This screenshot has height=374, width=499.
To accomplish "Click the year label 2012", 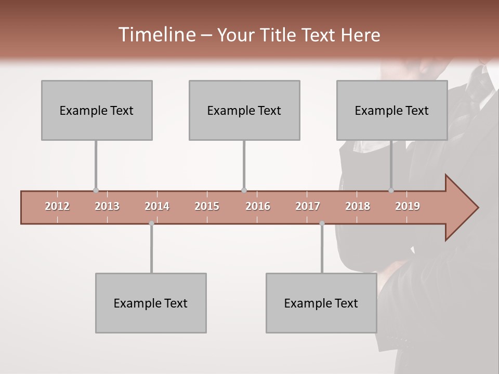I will (57, 206).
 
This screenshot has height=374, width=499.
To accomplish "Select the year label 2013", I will (107, 206).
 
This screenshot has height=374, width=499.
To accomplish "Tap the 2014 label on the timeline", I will (157, 206).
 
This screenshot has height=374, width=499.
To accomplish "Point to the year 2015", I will (207, 206).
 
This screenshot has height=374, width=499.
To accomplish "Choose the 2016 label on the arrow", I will (258, 206).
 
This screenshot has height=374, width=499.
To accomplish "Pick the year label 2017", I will (308, 206).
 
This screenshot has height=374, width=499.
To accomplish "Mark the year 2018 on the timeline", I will (358, 206).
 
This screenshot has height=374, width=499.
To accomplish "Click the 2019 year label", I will (408, 206).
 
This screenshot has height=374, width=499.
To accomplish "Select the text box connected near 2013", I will (97, 110).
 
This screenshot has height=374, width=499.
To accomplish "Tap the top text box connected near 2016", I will (244, 110).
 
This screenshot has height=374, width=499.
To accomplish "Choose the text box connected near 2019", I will (392, 110).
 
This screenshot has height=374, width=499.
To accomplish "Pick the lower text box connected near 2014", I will (151, 303).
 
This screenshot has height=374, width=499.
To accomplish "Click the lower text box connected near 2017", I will (321, 303).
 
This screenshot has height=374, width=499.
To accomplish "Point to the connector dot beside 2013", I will (96, 190).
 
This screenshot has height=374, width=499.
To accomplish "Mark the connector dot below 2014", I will (151, 223).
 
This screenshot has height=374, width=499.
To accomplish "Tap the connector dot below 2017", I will (322, 223).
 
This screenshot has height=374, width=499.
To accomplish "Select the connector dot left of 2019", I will (391, 190).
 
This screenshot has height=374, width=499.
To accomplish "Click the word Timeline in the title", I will (155, 35).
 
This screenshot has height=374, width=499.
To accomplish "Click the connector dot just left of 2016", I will (244, 190).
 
